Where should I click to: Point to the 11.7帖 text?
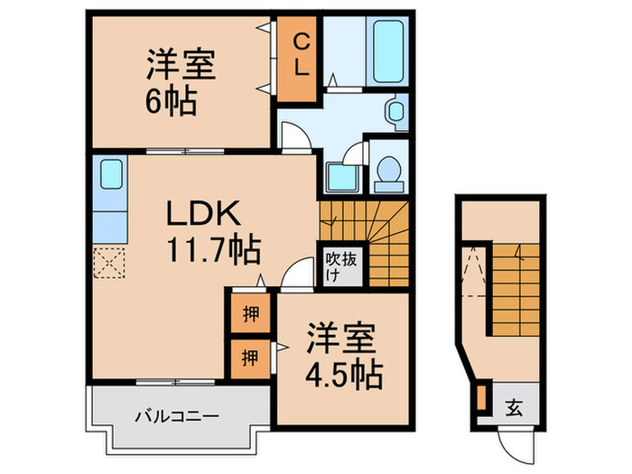click(212, 246)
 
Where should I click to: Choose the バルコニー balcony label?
click(177, 416)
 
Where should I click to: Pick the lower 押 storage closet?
click(247, 358)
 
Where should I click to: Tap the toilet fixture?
click(387, 172)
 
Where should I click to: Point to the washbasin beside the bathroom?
click(396, 111)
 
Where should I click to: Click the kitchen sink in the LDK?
click(110, 172)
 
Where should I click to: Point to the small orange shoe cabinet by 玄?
click(481, 397)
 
